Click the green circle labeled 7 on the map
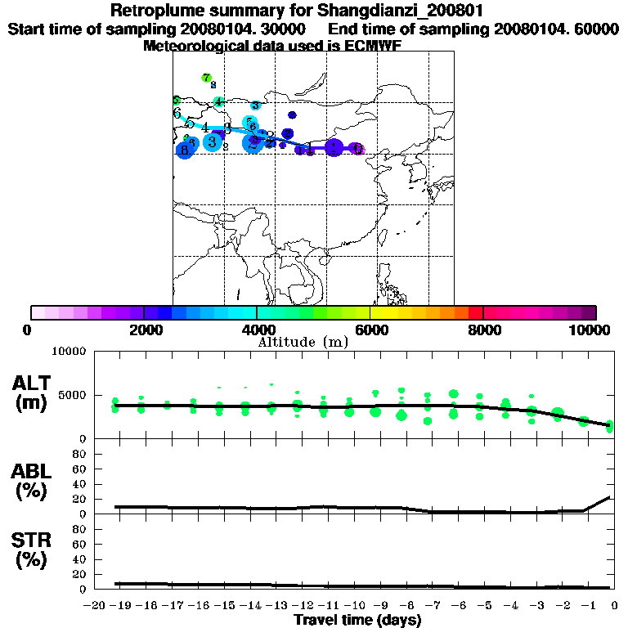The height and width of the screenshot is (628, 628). [x=206, y=78]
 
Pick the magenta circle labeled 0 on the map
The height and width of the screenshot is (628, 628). [x=357, y=148]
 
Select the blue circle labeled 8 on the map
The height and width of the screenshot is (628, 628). [x=184, y=150]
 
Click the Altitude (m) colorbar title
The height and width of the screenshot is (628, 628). [x=303, y=342]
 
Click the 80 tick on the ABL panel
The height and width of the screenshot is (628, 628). [x=81, y=453]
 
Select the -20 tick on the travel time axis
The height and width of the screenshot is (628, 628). [x=96, y=606]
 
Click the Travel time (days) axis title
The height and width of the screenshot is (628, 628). [x=357, y=620]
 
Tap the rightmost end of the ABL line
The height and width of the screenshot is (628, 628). [x=610, y=497]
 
